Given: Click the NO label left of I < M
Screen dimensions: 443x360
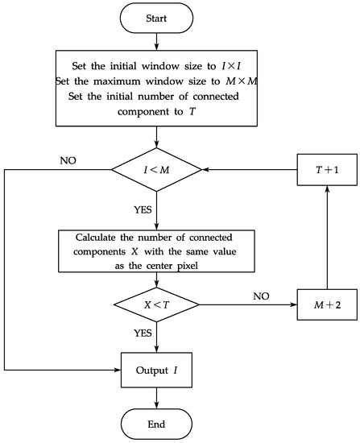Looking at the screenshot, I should [69, 161].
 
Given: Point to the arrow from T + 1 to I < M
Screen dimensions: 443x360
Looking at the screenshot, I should [250, 170].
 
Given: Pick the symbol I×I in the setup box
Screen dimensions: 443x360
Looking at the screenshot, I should [237, 67].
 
